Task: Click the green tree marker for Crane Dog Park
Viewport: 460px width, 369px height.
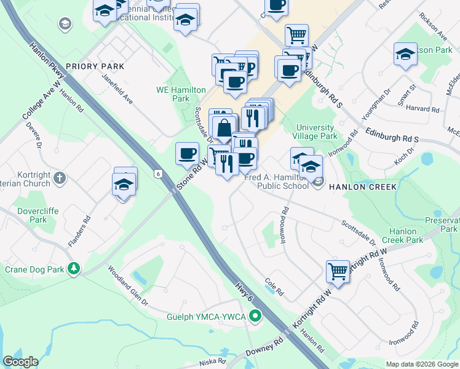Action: (x=74, y=268)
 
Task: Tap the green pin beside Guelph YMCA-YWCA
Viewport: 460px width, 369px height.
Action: (x=256, y=317)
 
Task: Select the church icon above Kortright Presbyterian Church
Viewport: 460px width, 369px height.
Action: (x=59, y=178)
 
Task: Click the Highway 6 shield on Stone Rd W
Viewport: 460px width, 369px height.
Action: (x=159, y=175)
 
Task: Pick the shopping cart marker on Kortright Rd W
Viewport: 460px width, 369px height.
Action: (x=338, y=271)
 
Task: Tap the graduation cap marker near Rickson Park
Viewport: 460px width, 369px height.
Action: (x=405, y=54)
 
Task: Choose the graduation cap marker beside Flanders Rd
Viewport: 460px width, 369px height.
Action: (x=124, y=184)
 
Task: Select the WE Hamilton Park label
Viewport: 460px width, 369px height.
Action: (x=180, y=94)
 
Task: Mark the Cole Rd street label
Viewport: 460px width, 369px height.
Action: (x=274, y=287)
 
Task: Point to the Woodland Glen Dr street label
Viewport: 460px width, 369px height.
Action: (x=129, y=285)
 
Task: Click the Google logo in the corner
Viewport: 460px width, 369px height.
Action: (x=21, y=361)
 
